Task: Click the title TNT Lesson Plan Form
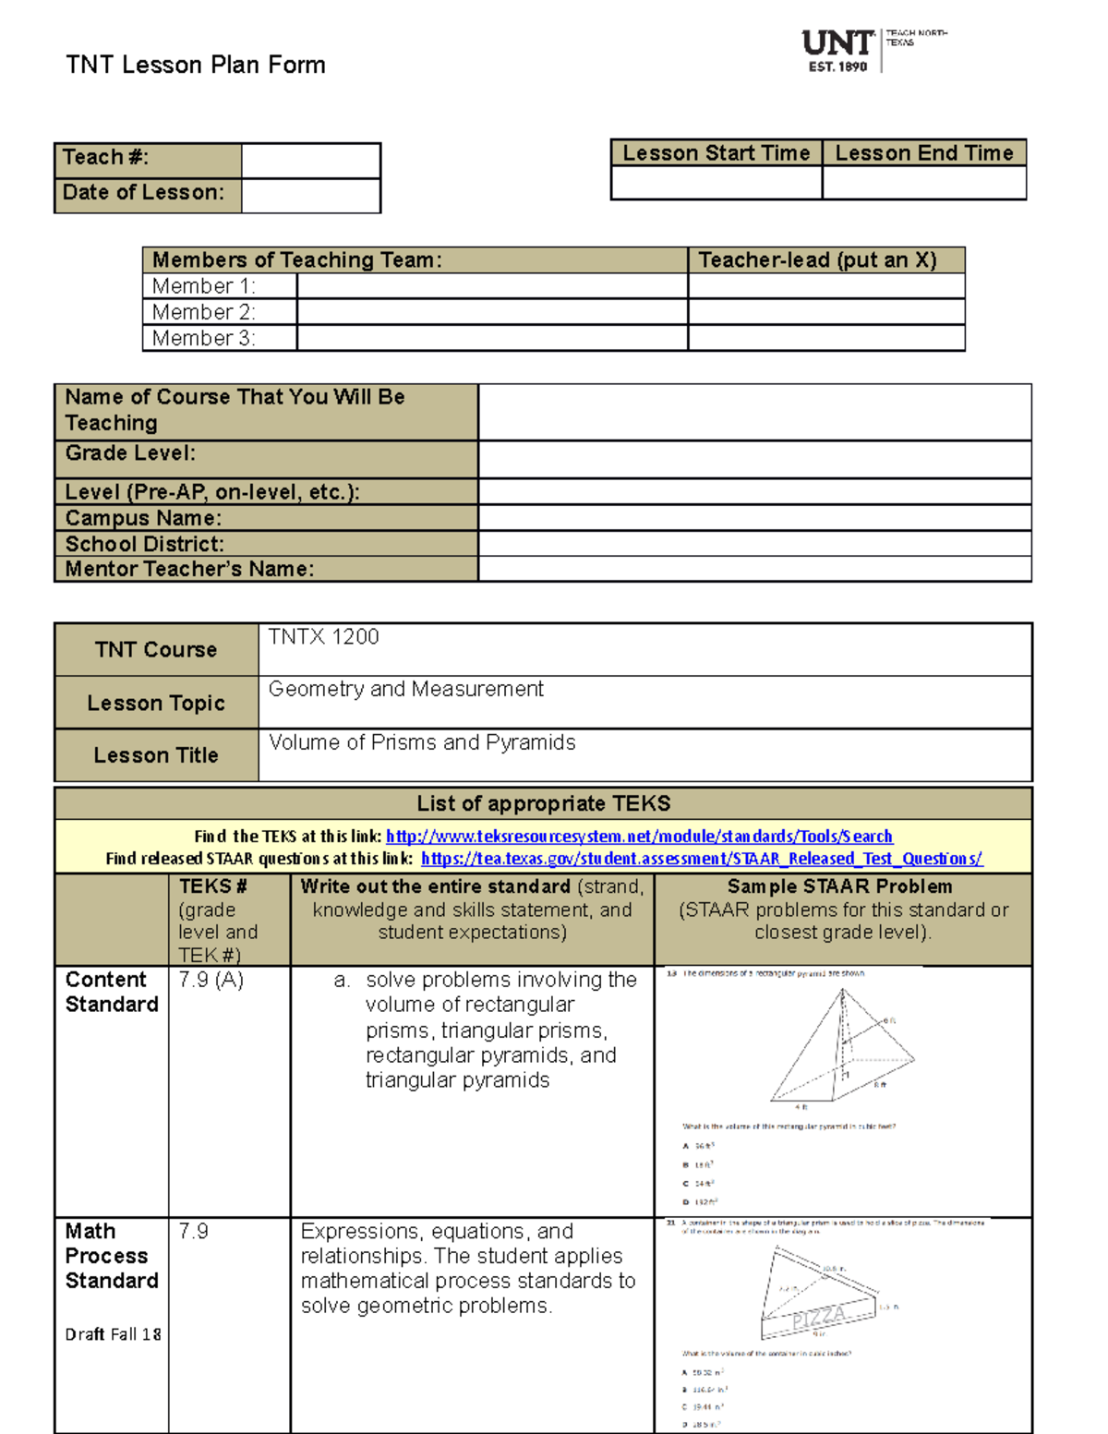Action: point(196,65)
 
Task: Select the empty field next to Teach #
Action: point(310,160)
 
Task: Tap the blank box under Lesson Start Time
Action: point(717,183)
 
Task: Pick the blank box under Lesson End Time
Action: point(924,183)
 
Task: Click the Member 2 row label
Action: point(203,312)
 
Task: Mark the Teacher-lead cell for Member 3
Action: point(826,338)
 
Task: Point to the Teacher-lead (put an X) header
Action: point(817,260)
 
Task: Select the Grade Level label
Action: point(130,453)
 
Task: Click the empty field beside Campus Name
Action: point(754,517)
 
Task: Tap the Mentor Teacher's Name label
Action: point(189,569)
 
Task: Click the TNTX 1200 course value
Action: point(323,637)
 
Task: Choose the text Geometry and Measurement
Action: point(405,689)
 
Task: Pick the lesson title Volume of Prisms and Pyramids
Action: point(422,742)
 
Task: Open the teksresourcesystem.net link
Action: point(639,837)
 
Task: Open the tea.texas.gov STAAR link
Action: point(702,859)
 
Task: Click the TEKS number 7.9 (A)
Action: point(211,980)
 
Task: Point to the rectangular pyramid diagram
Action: point(841,1048)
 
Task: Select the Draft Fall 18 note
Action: point(113,1334)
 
